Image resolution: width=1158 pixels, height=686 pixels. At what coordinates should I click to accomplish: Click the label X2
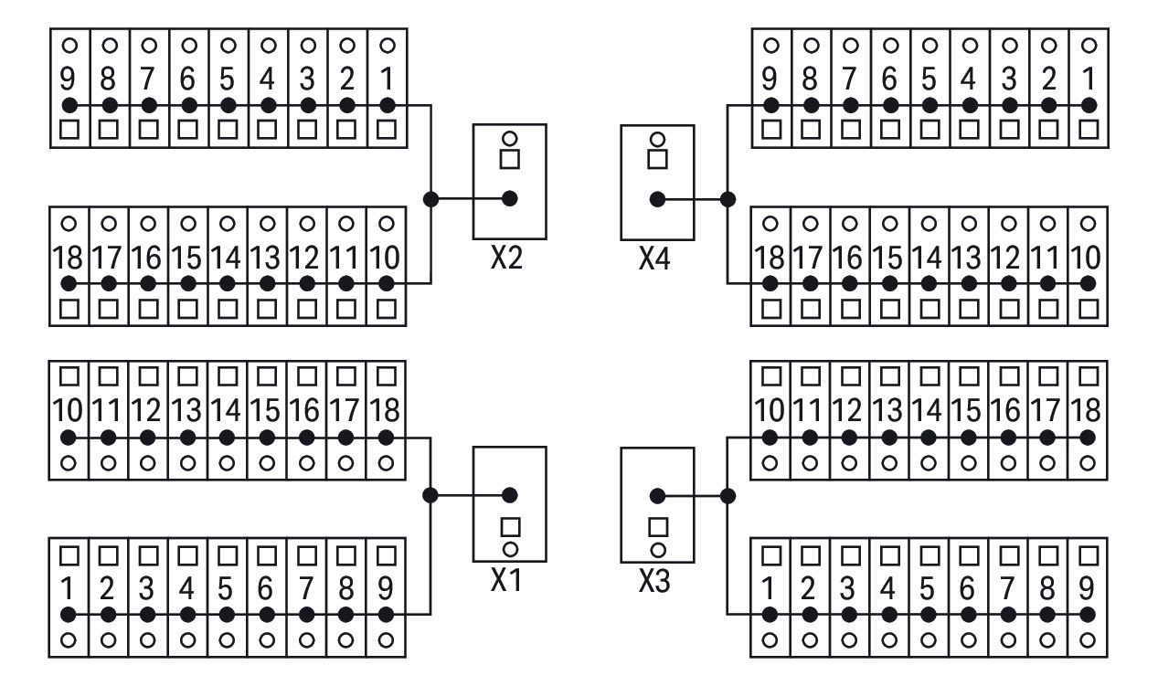click(x=506, y=259)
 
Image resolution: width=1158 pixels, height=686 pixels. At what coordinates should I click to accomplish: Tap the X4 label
click(x=654, y=259)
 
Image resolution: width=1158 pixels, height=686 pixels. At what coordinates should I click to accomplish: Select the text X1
click(x=506, y=580)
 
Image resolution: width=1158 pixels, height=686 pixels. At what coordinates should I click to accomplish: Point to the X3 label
click(x=654, y=581)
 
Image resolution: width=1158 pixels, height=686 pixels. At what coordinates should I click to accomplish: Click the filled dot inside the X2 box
click(x=510, y=198)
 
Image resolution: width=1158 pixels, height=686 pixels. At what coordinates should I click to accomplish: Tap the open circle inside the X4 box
click(x=657, y=139)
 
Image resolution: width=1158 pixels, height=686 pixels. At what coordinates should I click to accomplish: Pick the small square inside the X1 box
click(x=510, y=527)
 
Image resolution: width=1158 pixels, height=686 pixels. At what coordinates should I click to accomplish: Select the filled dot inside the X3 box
click(x=657, y=496)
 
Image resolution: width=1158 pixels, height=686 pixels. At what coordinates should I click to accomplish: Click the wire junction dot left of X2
click(x=430, y=199)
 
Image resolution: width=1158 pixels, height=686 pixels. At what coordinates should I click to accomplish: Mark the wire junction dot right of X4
click(x=728, y=199)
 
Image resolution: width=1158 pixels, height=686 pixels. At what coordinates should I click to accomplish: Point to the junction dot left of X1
click(x=430, y=495)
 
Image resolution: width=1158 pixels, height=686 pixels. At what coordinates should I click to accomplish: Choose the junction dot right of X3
click(x=728, y=496)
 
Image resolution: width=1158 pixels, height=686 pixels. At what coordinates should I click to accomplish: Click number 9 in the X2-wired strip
click(x=68, y=79)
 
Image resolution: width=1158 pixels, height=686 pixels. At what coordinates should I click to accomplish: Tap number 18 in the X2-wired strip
click(x=68, y=258)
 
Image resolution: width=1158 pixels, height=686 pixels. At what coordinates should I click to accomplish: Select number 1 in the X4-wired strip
click(x=1089, y=79)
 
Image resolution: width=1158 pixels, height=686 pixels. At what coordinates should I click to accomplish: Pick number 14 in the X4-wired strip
click(x=929, y=258)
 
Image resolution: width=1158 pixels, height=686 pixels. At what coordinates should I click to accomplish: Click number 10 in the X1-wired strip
click(x=68, y=410)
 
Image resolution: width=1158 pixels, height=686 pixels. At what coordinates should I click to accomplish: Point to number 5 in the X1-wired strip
click(x=226, y=588)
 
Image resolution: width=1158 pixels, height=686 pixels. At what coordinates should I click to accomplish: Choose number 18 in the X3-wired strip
click(x=1088, y=410)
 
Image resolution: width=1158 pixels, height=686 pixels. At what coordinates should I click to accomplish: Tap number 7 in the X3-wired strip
click(x=1007, y=588)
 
